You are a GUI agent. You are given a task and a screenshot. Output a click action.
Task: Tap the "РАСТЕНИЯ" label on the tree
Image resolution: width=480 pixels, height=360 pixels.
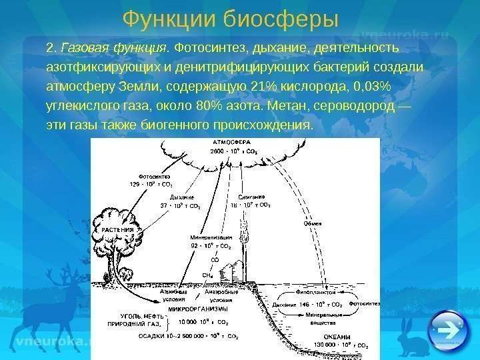click(x=118, y=230)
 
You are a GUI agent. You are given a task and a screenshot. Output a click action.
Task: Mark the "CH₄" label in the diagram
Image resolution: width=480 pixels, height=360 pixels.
click(x=207, y=273)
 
